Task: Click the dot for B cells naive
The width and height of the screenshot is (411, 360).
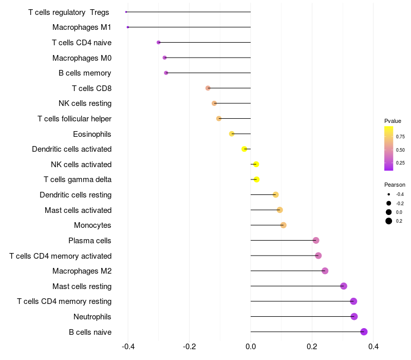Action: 364,332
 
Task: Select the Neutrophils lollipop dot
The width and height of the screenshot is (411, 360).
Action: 354,316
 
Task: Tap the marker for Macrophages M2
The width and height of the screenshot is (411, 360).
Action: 325,271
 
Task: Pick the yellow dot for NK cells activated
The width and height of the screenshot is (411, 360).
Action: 256,165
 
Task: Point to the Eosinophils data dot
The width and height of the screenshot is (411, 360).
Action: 232,134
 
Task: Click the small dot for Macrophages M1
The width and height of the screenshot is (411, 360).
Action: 128,27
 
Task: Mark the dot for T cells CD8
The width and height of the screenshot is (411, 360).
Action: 208,88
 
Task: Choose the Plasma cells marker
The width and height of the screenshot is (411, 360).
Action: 316,241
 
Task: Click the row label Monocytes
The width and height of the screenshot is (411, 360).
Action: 92,225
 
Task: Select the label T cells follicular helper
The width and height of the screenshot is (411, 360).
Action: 74,119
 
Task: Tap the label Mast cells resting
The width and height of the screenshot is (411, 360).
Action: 82,286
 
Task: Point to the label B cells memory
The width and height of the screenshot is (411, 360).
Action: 85,73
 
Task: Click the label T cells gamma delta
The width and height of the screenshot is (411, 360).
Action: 78,179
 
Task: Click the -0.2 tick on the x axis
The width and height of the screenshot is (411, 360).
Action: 190,347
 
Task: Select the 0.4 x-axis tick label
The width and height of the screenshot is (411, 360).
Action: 373,347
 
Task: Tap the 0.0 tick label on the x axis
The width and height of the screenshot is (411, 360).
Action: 251,347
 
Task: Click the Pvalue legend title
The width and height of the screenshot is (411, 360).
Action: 393,121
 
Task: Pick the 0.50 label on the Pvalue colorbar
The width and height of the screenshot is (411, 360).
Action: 400,150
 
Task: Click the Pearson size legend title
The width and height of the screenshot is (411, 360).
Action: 395,185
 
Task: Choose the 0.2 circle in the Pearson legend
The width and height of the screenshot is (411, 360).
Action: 389,221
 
